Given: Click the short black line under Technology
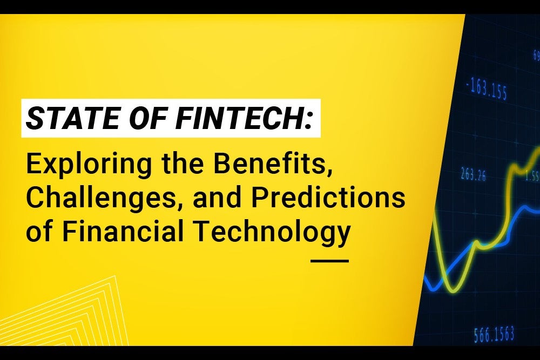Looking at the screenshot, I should [x=330, y=261].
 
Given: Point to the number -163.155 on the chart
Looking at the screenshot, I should [x=485, y=90].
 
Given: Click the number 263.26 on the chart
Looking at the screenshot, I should [x=473, y=174].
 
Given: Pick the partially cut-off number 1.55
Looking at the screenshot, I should [x=532, y=175].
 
